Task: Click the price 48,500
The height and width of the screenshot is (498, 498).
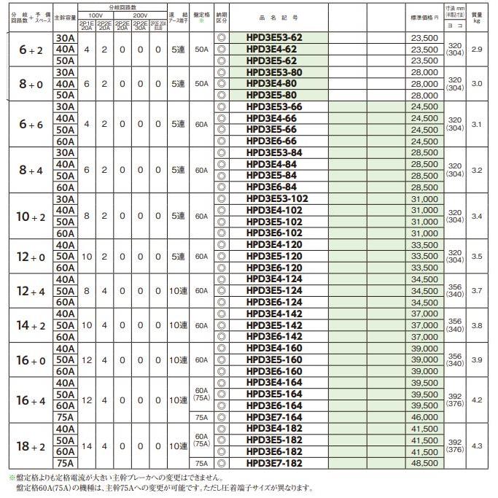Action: click(425, 462)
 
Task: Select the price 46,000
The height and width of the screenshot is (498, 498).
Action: click(425, 416)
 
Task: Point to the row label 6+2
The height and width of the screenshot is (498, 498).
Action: click(28, 49)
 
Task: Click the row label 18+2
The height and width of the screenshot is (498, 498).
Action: click(28, 445)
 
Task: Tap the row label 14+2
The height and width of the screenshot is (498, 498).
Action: click(28, 325)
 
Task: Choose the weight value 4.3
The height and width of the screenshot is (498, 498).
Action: click(476, 445)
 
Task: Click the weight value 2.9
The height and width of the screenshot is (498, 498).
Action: click(476, 49)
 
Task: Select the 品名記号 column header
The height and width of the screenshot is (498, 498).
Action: click(277, 15)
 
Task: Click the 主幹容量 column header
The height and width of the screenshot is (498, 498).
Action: click(64, 15)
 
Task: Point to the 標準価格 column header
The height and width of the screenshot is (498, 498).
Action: click(425, 15)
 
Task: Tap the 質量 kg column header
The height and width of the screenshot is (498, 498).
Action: click(476, 15)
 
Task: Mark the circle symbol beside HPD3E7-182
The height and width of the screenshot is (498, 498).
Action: click(222, 462)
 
